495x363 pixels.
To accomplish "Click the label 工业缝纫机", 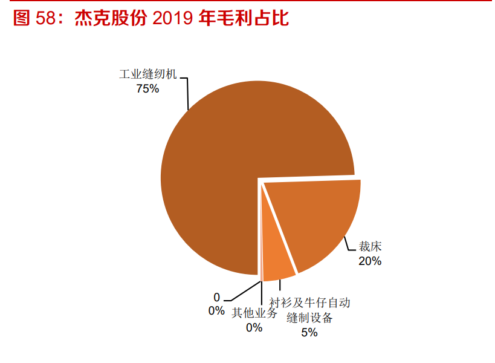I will (148, 75).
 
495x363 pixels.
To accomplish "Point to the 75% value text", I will (147, 89).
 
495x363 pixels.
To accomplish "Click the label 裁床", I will (370, 247).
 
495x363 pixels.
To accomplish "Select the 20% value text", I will (370, 261).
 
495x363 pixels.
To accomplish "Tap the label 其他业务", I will (254, 313).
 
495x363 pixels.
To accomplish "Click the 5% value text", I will (309, 332).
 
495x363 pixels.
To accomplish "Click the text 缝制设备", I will (309, 318).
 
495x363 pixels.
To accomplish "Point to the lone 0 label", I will (217, 297).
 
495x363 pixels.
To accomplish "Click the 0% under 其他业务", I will (254, 328).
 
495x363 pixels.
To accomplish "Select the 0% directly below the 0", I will (217, 311).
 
